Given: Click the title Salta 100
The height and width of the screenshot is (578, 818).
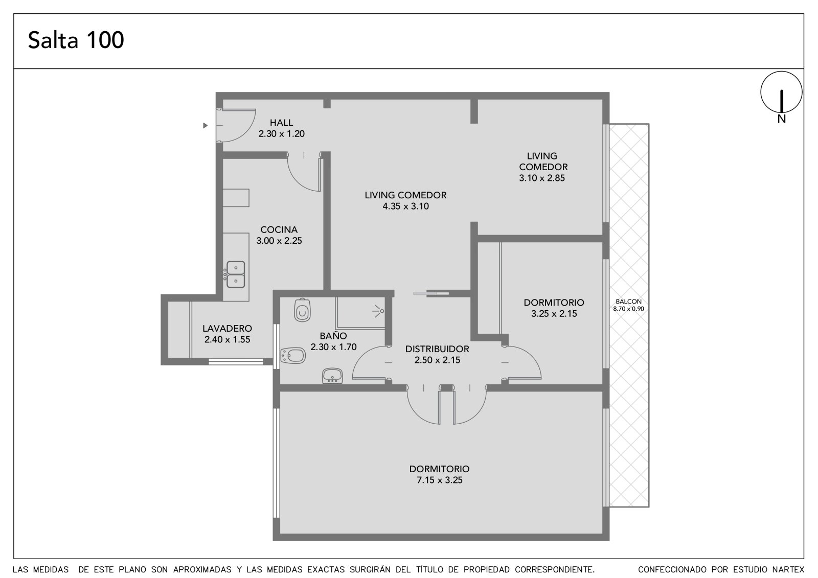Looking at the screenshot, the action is coord(76,40).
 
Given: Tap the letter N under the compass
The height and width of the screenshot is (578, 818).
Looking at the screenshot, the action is coord(781,119).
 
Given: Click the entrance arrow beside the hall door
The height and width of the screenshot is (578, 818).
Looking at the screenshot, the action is coord(205,126).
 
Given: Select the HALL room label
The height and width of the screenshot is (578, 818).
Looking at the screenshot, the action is coord(281,123).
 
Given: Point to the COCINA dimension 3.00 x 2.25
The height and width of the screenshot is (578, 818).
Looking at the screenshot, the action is coord(279,241).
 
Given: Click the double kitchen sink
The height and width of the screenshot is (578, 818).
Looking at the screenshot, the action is coord(235,274).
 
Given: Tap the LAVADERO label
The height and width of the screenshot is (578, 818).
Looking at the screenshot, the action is coord(227,328).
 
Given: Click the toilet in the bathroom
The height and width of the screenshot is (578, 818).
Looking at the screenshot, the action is coord(302,310).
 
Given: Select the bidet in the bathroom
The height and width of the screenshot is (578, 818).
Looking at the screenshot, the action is coord(292,355).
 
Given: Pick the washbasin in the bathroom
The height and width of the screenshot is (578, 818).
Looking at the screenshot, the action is coord(332,376).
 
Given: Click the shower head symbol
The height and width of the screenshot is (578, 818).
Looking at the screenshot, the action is coord(378,311).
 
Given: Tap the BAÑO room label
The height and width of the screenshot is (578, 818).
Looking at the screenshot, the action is coord(333,336).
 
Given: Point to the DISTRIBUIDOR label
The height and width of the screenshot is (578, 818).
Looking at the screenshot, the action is coord(437,349).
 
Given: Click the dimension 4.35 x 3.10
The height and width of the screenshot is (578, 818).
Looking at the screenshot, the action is coord(406,206).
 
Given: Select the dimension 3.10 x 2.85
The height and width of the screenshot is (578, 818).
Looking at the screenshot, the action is coord(542,178).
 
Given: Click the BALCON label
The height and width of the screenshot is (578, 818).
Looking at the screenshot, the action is coord(628,302).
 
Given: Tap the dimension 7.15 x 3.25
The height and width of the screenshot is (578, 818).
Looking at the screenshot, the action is coord(440,480).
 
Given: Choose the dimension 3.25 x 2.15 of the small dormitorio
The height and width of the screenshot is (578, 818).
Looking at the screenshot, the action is coord(554,314).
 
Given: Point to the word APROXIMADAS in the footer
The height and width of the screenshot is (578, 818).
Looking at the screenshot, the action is coord(202,570).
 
